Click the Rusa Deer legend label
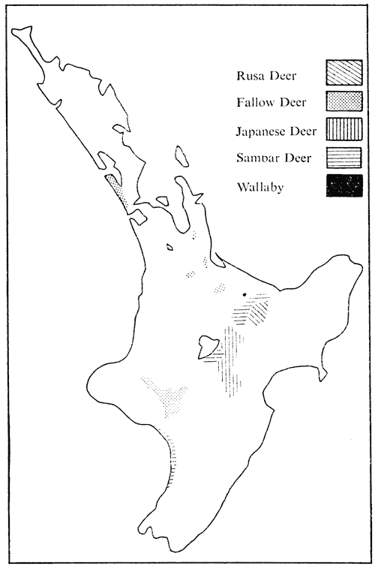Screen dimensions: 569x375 258,75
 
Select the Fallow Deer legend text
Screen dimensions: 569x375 262,102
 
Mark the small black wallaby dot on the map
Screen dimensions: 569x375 244,294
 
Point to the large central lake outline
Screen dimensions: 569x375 207,346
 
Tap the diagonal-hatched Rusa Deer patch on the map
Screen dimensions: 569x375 257,309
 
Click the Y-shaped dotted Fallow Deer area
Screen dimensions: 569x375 169,396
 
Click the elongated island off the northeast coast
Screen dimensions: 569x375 181,156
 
